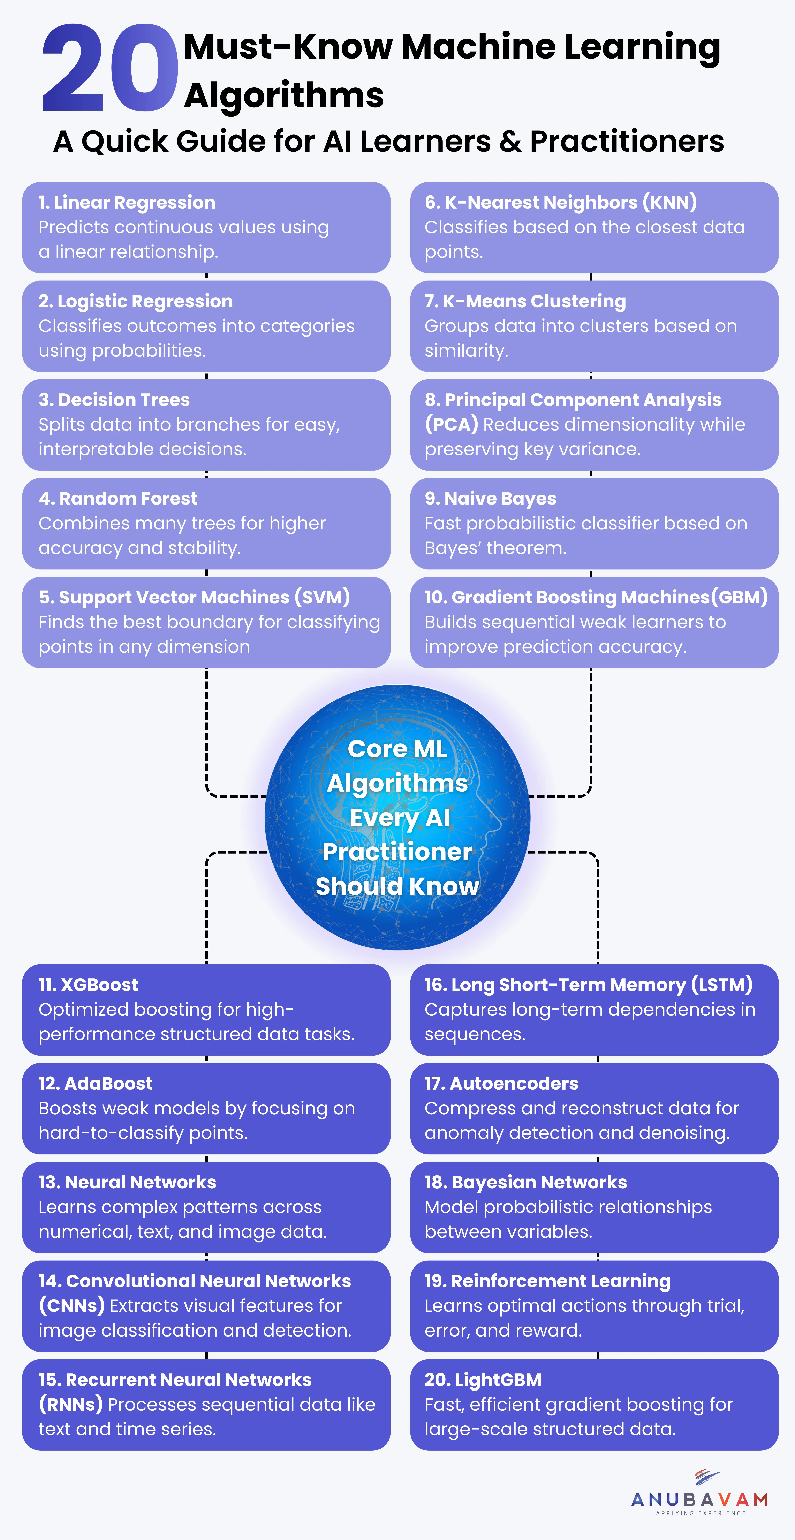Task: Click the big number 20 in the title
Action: pos(109,69)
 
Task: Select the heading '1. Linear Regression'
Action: pos(127,203)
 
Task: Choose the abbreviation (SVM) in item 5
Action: pos(323,597)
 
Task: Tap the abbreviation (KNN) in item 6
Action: pos(670,203)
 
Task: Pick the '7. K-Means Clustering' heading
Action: pos(525,301)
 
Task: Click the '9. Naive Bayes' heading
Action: pos(491,499)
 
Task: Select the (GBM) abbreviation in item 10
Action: pos(739,597)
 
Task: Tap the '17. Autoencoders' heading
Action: pos(501,1083)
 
